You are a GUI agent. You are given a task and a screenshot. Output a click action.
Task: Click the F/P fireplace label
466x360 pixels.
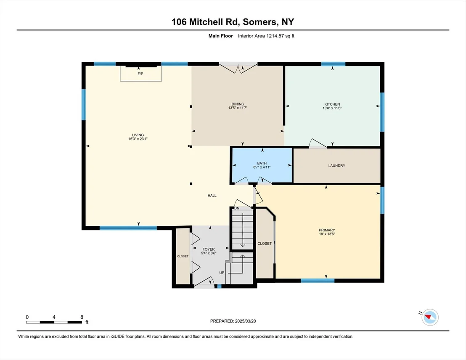click(x=140, y=74)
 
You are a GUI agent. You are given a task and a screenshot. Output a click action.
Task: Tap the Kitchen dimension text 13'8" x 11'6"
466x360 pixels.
click(x=332, y=108)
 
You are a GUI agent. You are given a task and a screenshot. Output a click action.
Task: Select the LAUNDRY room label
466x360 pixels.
click(x=337, y=166)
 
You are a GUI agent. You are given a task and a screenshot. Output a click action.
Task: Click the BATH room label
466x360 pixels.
click(x=262, y=163)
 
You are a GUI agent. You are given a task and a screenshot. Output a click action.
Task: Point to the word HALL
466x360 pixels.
click(x=212, y=195)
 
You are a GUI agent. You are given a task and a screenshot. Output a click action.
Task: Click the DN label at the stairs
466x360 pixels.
click(x=237, y=208)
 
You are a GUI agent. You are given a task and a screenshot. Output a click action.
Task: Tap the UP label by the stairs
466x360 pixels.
click(x=222, y=273)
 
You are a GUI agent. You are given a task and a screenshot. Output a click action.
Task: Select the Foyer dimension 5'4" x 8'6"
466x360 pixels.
click(x=209, y=253)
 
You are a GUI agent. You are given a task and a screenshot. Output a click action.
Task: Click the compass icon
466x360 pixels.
click(x=430, y=317)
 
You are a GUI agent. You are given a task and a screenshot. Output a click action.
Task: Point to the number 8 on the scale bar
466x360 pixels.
click(x=82, y=317)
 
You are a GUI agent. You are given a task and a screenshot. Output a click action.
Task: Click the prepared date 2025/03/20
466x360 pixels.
click(x=245, y=321)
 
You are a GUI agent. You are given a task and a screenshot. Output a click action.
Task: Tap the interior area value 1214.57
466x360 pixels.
click(x=275, y=36)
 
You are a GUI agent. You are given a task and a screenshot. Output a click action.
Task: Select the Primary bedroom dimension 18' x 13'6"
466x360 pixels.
click(x=327, y=234)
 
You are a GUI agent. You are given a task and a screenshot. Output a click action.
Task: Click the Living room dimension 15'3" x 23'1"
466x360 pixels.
click(x=138, y=139)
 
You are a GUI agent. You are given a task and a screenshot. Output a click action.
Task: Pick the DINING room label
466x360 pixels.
click(x=238, y=104)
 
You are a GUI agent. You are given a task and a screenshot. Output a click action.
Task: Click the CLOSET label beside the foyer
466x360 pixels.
click(x=183, y=256)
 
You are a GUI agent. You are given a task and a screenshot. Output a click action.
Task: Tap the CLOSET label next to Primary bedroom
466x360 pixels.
click(x=265, y=244)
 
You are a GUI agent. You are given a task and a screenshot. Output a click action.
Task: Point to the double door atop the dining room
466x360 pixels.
click(x=238, y=67)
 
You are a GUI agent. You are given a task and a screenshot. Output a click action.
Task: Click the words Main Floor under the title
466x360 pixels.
click(x=220, y=36)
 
